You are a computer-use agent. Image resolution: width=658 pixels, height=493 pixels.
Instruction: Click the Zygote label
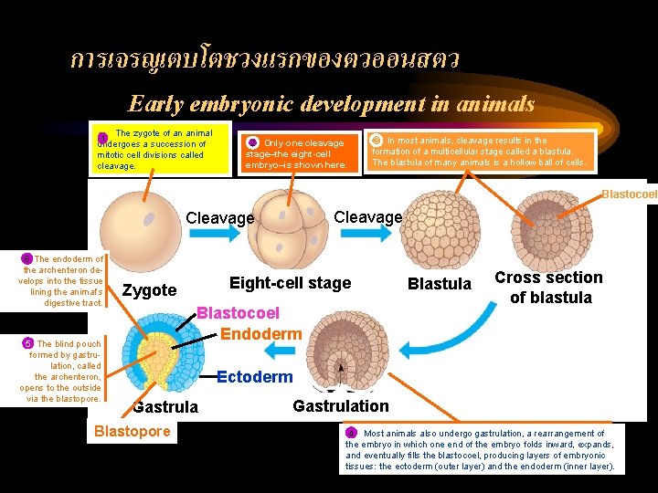149,290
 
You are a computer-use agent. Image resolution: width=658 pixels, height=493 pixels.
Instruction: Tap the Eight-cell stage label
290,283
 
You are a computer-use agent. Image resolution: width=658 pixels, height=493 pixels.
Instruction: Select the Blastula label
439,284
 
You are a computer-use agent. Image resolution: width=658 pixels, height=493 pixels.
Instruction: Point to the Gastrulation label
341,405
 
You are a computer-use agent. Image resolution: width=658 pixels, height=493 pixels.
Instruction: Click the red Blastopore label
133,431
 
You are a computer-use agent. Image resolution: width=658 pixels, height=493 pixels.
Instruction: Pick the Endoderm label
260,334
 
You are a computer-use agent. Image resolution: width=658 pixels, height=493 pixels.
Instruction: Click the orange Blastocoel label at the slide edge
628,194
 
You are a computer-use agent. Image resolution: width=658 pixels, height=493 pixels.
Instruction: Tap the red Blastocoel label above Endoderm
239,314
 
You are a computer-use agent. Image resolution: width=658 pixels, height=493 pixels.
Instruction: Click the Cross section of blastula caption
548,288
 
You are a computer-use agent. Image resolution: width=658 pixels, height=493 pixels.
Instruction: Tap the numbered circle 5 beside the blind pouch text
27,343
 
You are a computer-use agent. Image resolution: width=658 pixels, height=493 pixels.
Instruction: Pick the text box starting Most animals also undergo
481,449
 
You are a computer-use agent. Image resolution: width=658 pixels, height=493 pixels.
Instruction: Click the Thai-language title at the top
265,60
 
